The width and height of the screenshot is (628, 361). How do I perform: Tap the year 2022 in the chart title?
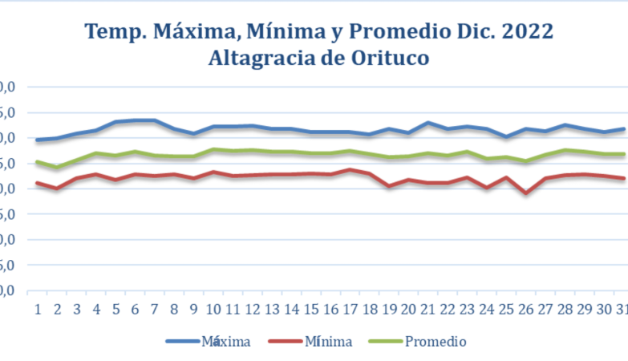526,32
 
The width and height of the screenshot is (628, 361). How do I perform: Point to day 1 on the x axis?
37,310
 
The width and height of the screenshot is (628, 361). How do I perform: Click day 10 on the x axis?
213,310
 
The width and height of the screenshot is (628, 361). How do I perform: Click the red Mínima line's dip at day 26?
526,193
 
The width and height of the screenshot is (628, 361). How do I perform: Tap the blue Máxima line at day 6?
135,120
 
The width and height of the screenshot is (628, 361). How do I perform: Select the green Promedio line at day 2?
56,168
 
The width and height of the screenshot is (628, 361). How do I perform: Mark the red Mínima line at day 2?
56,189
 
